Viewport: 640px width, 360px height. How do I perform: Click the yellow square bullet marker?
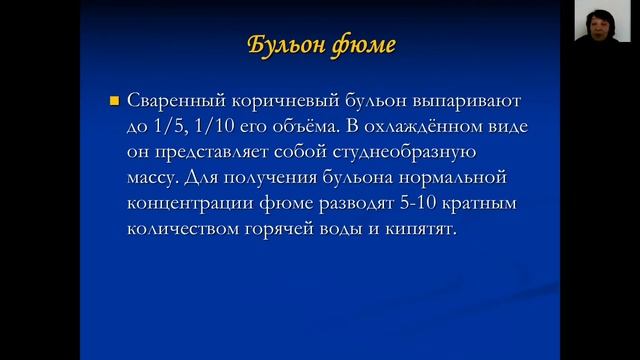pyautogui.click(x=113, y=101)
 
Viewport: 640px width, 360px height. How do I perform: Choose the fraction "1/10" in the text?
pyautogui.click(x=205, y=127)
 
